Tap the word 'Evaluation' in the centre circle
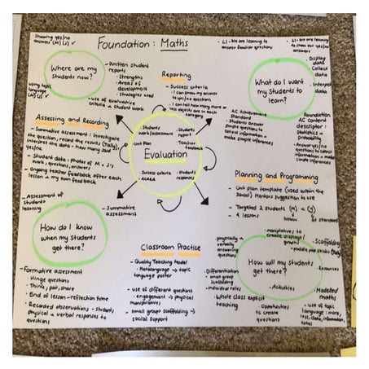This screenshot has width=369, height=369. click(165, 153)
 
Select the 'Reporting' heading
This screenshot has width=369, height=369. click(176, 75)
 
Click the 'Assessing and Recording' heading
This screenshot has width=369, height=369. click(72, 120)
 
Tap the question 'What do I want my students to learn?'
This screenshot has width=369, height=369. click(279, 89)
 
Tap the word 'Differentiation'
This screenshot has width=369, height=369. click(222, 270)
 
